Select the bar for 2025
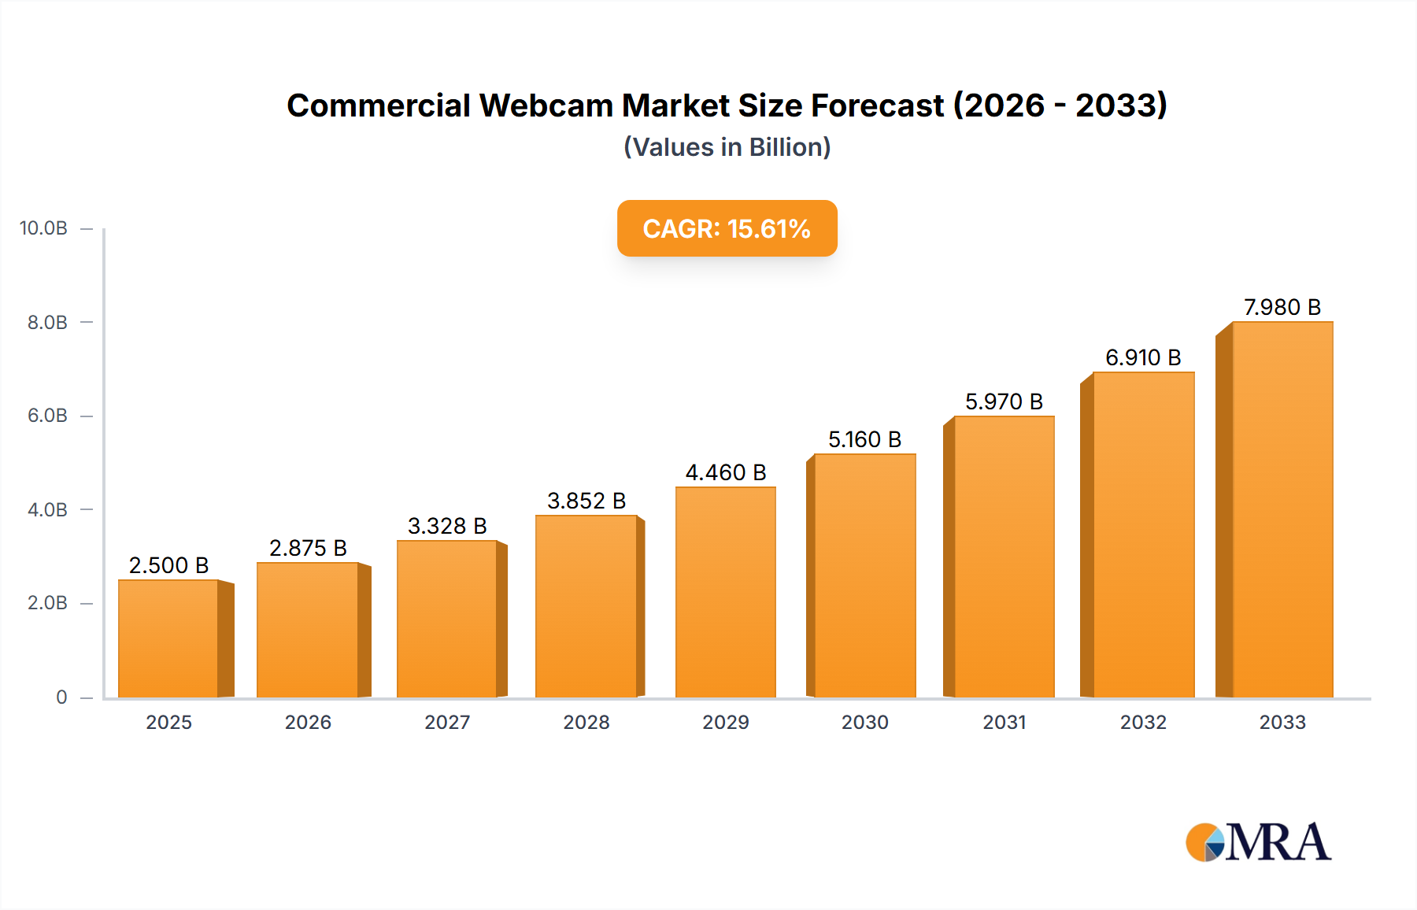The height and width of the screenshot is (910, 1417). click(x=168, y=638)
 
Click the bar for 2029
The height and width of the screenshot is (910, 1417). click(x=725, y=592)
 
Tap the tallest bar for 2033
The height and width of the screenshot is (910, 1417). click(x=1282, y=509)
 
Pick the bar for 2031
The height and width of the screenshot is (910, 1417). click(x=1004, y=557)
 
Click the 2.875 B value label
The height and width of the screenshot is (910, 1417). click(x=308, y=548)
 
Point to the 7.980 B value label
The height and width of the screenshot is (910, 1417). click(x=1282, y=307)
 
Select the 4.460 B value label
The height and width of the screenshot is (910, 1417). click(x=725, y=472)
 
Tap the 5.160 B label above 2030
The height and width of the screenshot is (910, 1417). click(x=864, y=439)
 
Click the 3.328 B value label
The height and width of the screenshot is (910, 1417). click(x=447, y=526)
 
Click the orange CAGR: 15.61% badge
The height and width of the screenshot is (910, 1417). click(x=727, y=228)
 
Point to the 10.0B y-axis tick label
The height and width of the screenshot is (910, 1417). click(x=43, y=228)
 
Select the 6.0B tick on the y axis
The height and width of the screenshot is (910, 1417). click(x=47, y=416)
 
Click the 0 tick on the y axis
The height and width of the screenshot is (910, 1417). click(x=61, y=697)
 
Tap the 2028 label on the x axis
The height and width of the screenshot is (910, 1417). click(x=586, y=723)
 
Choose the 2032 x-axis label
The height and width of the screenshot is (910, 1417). click(x=1143, y=723)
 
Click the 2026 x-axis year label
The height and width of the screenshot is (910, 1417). click(x=308, y=723)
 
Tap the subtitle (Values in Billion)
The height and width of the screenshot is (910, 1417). click(x=727, y=147)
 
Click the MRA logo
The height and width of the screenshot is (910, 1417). click(x=1258, y=842)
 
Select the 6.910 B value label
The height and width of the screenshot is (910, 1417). click(x=1143, y=357)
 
